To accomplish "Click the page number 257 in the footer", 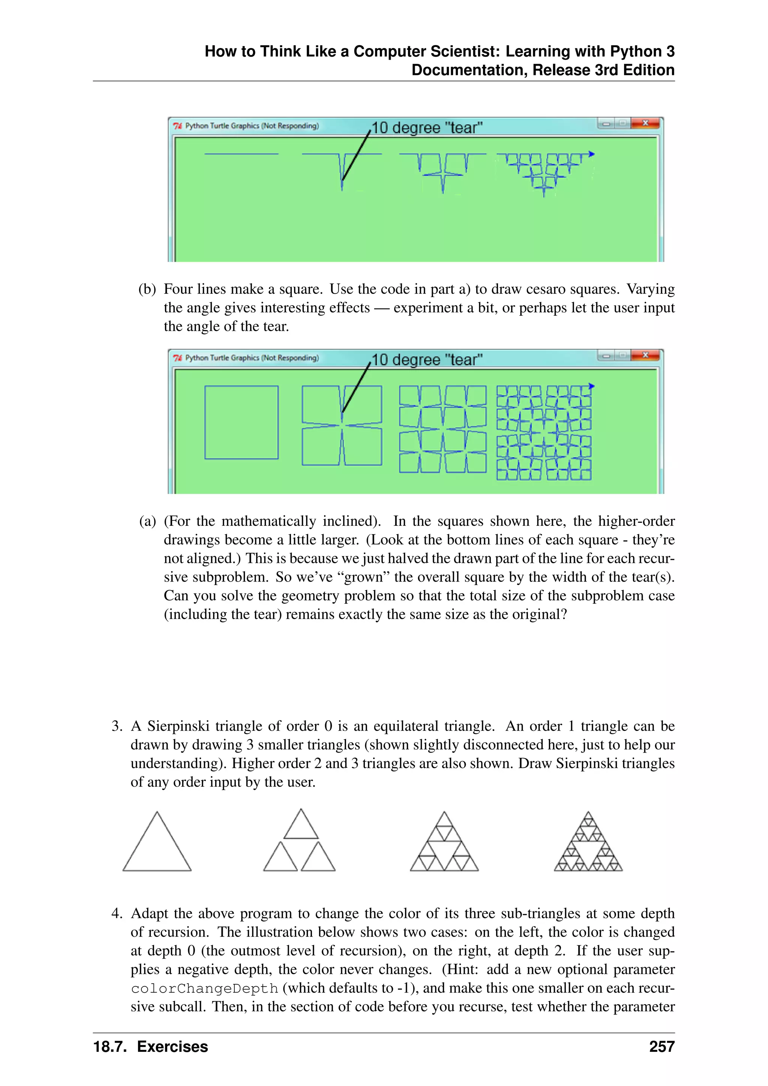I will [661, 1047].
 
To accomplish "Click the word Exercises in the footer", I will [172, 1047].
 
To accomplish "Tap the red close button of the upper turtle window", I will [645, 123].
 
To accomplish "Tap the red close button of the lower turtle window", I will [645, 355].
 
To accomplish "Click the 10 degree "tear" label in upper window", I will [426, 128].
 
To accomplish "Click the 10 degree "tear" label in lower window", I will [426, 360].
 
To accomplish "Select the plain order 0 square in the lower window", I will [241, 422].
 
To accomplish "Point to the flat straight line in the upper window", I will [241, 154].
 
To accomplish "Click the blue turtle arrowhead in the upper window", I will [591, 154].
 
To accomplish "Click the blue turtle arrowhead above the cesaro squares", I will [591, 386].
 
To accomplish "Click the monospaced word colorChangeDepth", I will [204, 988].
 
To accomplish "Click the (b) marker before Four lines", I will [147, 289].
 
